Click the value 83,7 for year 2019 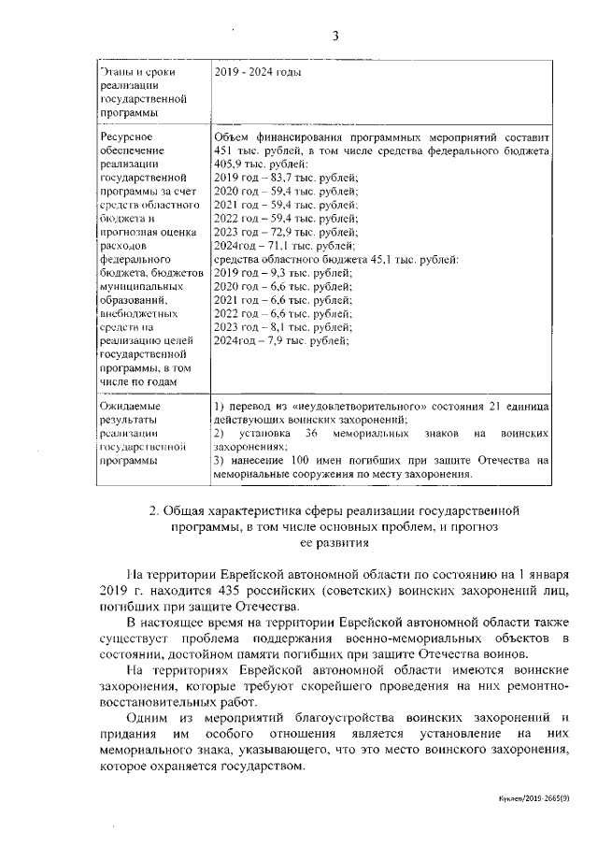click(275, 178)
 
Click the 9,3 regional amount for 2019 click(272, 272)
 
